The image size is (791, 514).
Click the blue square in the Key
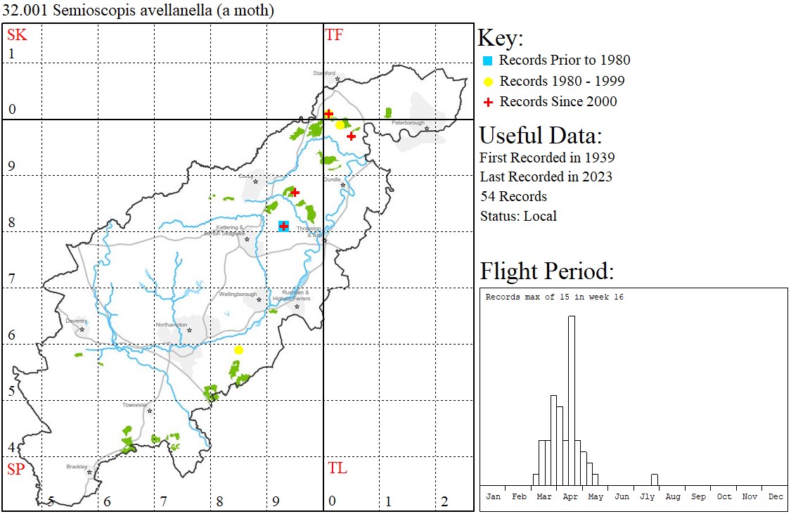[x=487, y=60]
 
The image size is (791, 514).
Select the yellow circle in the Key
[x=487, y=82]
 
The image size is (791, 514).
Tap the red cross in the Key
[x=487, y=102]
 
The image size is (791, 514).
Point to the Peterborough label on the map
[x=409, y=123]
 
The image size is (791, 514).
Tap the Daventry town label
[x=76, y=321]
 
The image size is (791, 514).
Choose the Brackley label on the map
[x=77, y=466]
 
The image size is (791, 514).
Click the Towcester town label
[x=135, y=405]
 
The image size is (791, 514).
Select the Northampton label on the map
[x=172, y=325]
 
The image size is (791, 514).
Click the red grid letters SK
[x=17, y=34]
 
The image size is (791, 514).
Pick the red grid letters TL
[x=337, y=468]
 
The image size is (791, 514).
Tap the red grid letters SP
[x=15, y=469]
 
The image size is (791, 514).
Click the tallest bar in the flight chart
[x=572, y=400]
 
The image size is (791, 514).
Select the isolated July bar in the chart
[x=654, y=480]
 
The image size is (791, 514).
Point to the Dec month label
[x=776, y=496]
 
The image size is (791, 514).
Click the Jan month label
[x=494, y=496]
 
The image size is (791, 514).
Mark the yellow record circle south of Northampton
[x=239, y=350]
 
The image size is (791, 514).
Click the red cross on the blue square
[x=283, y=226]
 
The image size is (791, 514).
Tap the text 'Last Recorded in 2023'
[x=546, y=176]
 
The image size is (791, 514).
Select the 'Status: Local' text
[x=517, y=216]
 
